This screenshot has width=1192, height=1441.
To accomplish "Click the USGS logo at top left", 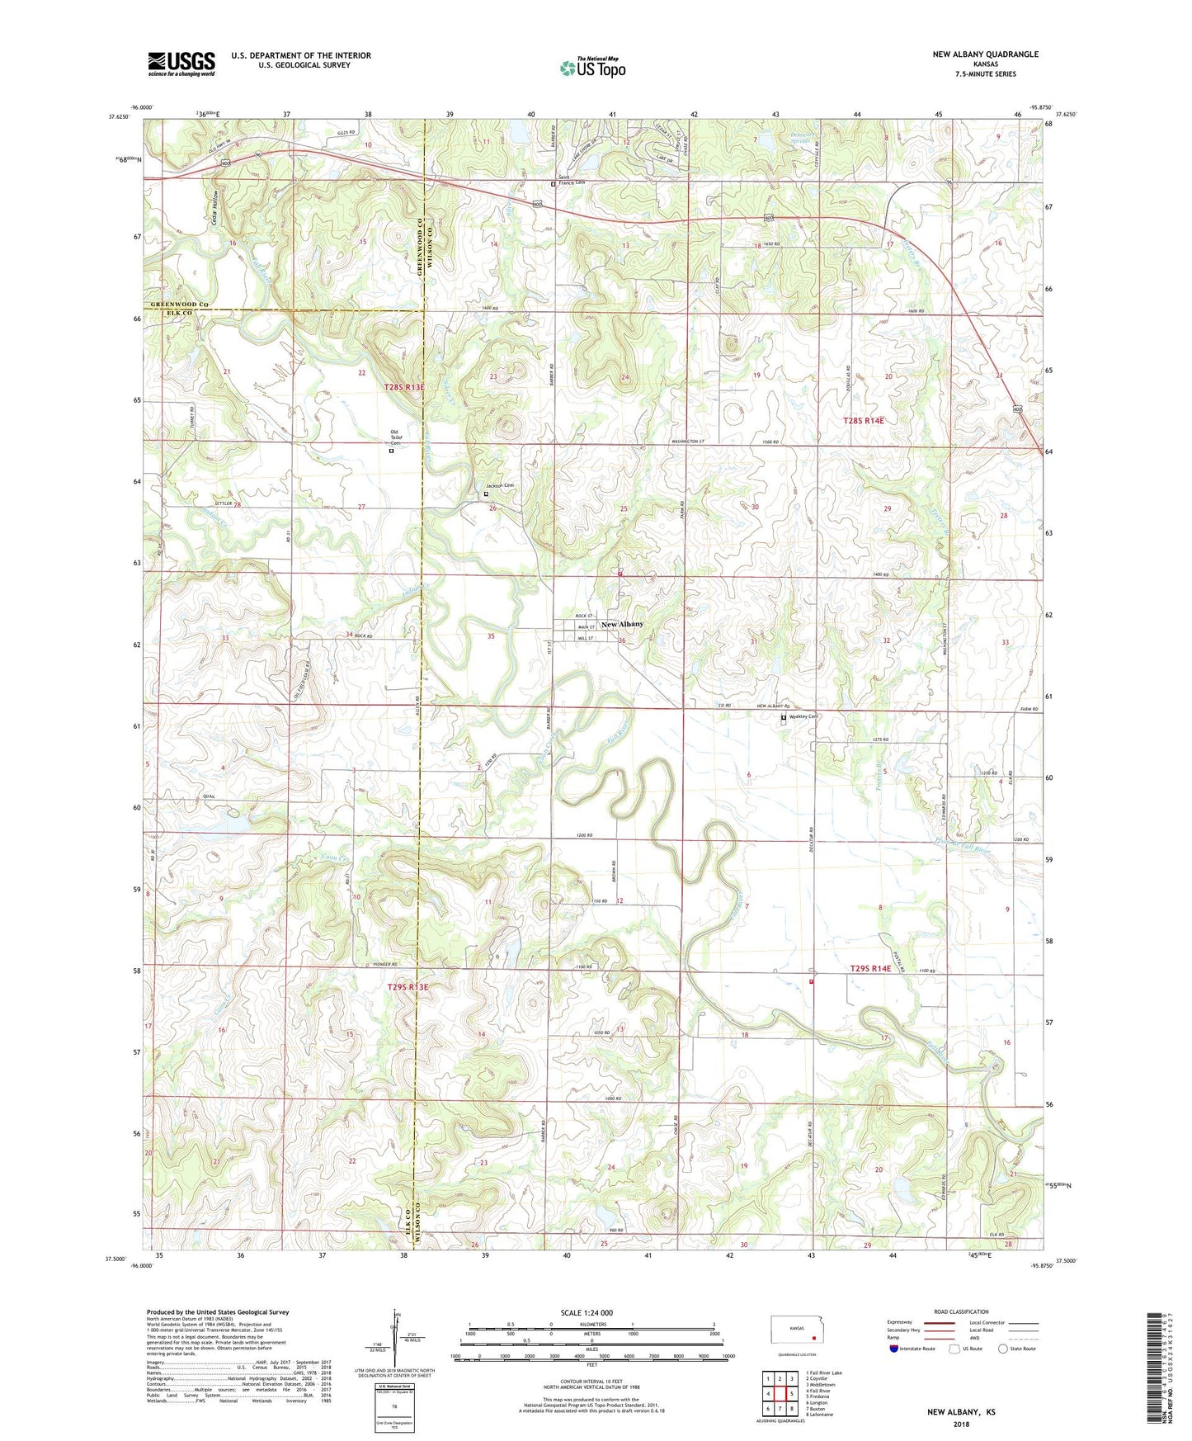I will (x=181, y=64).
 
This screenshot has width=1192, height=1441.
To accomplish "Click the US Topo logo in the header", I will (x=592, y=69).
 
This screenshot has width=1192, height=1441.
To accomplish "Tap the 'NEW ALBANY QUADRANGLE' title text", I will (x=985, y=54).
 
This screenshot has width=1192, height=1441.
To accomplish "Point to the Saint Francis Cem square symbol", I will (x=553, y=185).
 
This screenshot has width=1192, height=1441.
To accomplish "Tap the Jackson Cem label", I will (x=499, y=486).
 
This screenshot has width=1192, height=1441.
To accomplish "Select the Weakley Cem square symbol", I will (x=784, y=718).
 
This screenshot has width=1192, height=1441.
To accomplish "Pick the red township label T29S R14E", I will (x=870, y=968).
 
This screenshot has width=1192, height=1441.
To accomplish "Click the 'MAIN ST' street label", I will (x=587, y=627).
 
